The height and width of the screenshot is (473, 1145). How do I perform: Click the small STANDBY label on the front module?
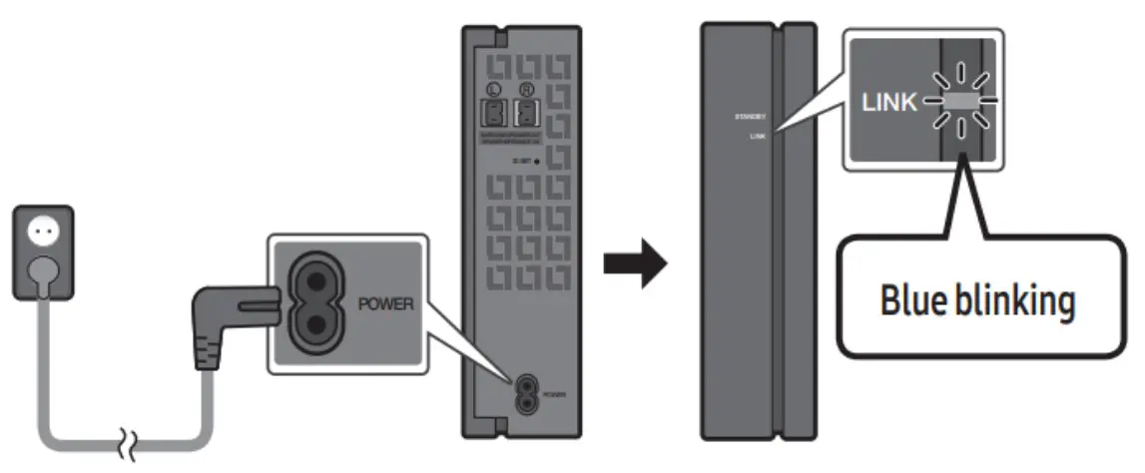point(748,117)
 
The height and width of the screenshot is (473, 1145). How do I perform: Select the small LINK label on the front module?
point(756,138)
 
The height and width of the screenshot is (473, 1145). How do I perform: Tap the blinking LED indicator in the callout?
point(958,101)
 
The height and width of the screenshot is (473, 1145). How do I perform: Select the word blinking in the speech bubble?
point(1014,301)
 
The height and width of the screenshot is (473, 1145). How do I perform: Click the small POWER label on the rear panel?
point(555,395)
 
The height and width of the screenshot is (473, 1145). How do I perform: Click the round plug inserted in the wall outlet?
point(42,267)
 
